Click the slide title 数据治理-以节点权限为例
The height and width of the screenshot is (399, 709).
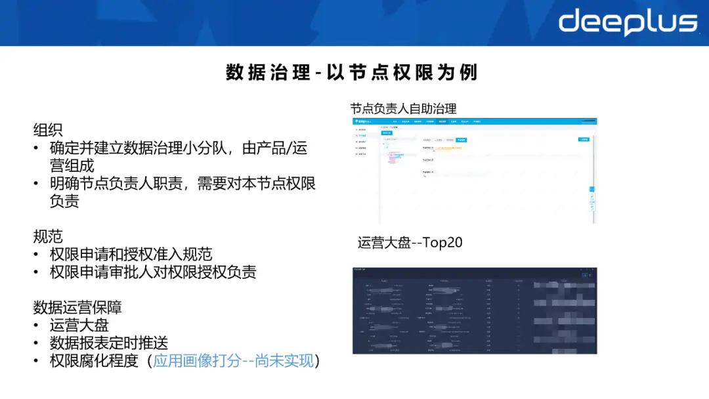pyautogui.click(x=352, y=72)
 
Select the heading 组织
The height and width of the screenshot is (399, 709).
pyautogui.click(x=48, y=130)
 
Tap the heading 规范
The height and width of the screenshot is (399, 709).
pyautogui.click(x=48, y=236)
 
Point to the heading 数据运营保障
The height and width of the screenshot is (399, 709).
pyautogui.click(x=77, y=307)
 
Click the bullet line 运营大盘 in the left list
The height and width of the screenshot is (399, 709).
pyautogui.click(x=79, y=325)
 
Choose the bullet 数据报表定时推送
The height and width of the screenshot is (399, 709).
pyautogui.click(x=109, y=343)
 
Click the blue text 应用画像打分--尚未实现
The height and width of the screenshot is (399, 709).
pyautogui.click(x=234, y=360)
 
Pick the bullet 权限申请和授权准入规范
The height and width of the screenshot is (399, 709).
pyautogui.click(x=131, y=254)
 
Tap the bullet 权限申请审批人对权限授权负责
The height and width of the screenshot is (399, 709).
pyautogui.click(x=153, y=272)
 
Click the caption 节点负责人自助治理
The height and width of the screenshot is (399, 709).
pyautogui.click(x=403, y=108)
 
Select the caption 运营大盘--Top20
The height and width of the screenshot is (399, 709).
pyautogui.click(x=410, y=242)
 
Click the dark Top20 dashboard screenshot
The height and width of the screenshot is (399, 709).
pyautogui.click(x=475, y=310)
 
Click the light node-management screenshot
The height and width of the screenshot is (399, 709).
pyautogui.click(x=475, y=171)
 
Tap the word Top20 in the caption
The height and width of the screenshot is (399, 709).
pyautogui.click(x=443, y=242)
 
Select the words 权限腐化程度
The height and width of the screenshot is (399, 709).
pyautogui.click(x=94, y=360)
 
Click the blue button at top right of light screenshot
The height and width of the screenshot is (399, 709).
pyautogui.click(x=583, y=140)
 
